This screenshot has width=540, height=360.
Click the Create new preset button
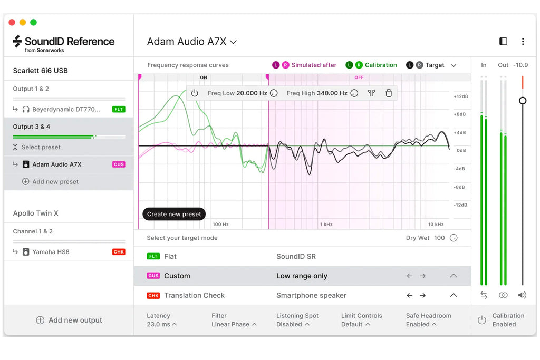(x=174, y=214)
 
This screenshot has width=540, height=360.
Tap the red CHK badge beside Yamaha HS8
(x=119, y=252)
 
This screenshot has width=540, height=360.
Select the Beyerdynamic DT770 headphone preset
(x=66, y=110)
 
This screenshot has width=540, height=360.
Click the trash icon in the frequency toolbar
(x=389, y=93)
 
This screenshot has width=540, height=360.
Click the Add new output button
(x=69, y=320)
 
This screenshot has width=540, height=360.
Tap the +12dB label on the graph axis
(x=461, y=96)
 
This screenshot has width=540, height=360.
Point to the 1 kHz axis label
(x=326, y=225)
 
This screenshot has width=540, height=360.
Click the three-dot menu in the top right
(x=523, y=41)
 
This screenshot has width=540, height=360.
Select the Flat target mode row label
(x=170, y=256)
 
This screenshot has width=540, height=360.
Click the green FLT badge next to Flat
(x=153, y=256)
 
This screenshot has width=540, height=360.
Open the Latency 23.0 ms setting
(x=161, y=320)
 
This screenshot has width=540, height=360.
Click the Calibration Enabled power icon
(x=482, y=320)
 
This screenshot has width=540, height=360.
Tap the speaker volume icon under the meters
(x=522, y=295)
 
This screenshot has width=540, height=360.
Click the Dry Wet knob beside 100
(x=454, y=238)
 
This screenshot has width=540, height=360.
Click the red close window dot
(x=12, y=22)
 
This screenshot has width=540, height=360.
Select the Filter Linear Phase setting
(x=234, y=320)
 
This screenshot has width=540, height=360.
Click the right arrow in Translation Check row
(x=422, y=295)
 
